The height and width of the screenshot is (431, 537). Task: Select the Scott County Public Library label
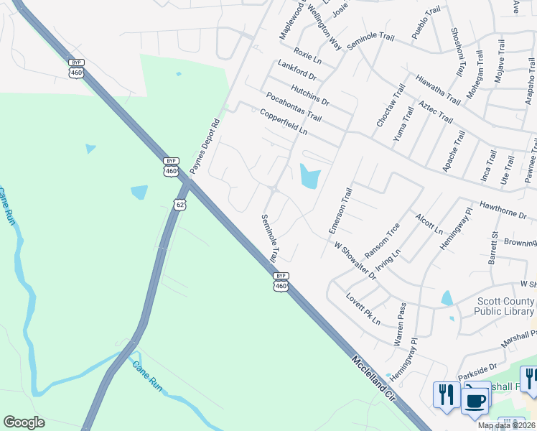pos(503,307)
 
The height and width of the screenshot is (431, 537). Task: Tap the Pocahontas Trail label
pos(294,105)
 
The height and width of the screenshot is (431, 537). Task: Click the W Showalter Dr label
pos(355,260)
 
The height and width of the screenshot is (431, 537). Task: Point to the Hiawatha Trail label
pos(438,88)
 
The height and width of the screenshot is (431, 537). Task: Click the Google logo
pos(24,422)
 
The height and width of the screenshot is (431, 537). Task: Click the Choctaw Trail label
pos(386,109)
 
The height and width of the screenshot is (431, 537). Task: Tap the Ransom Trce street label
pos(382,240)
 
